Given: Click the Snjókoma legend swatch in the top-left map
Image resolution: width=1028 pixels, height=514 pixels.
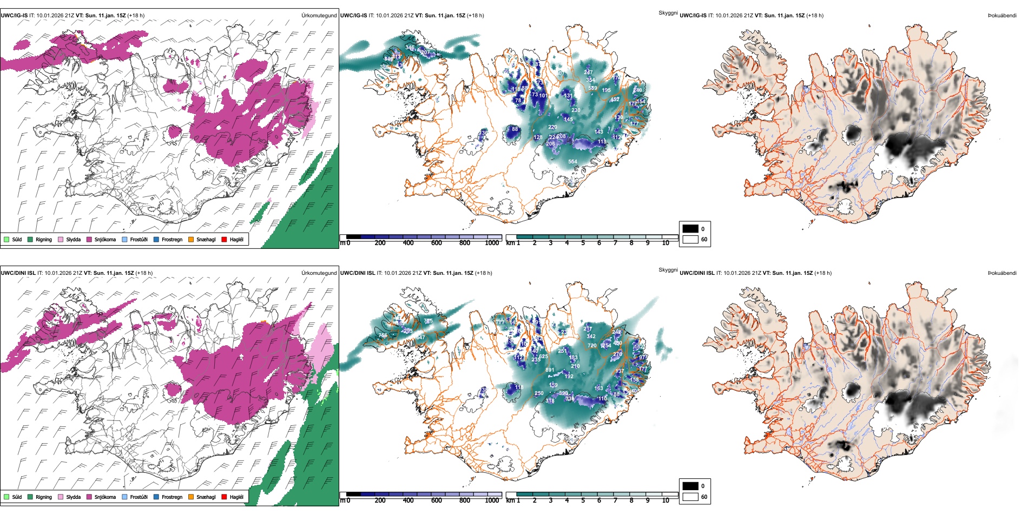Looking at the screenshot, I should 89,239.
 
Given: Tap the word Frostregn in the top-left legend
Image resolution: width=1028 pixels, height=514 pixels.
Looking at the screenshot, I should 172,239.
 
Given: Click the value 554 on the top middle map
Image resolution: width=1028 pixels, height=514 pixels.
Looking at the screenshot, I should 572,161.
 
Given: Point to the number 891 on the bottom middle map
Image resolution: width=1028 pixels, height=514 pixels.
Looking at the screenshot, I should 550,370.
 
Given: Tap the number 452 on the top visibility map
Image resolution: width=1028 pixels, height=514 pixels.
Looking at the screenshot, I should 615,100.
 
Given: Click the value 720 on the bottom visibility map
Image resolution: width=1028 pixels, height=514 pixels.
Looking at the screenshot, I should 592,345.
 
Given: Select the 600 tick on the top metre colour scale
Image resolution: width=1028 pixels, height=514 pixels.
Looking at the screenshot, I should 437,243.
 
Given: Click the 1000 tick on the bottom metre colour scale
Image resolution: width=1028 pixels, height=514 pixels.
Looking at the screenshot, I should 492,500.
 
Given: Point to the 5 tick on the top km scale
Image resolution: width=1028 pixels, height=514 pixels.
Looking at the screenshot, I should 583,243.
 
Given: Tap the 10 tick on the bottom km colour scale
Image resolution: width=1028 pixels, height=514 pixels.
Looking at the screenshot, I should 665,500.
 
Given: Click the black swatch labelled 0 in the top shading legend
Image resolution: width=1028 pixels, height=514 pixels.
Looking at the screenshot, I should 690,229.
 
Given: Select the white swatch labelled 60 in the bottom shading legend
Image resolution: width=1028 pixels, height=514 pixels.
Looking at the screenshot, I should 690,497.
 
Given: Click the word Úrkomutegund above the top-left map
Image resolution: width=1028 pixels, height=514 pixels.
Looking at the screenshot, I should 319,15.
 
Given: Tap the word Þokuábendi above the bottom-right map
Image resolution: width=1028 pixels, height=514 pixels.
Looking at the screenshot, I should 1002,273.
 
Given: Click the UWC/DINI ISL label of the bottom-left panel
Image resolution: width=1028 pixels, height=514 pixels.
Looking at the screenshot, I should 18,273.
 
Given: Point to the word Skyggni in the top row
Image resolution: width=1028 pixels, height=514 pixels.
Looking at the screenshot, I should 668,12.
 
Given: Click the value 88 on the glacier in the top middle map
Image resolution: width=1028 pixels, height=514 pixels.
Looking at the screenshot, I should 515,129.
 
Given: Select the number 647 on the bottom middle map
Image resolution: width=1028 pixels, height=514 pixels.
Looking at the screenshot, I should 420,338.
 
